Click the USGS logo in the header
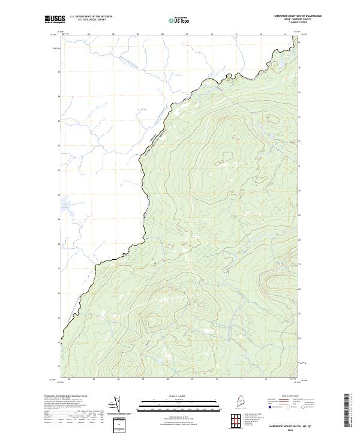point(53,20)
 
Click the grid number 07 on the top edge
point(137,34)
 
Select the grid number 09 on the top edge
point(187,34)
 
